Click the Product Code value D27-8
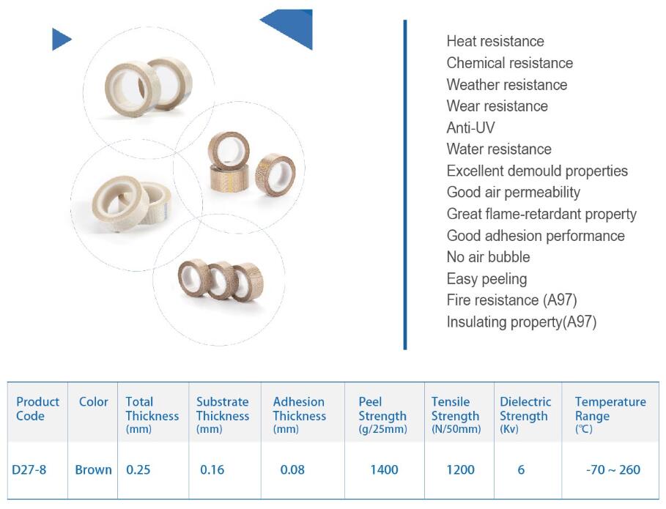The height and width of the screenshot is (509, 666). [x=29, y=469]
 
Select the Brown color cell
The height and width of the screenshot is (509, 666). [x=93, y=469]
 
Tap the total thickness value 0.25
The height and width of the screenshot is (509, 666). [x=138, y=469]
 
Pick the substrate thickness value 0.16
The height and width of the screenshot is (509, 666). [x=212, y=469]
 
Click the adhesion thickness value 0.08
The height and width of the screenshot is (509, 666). [x=292, y=469]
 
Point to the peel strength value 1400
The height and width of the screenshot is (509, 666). [x=384, y=469]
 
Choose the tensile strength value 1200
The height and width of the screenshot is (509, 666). [x=460, y=469]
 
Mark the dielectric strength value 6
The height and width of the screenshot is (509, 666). [x=521, y=469]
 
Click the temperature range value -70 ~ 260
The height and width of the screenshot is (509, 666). [x=613, y=469]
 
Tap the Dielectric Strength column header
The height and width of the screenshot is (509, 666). [x=525, y=415]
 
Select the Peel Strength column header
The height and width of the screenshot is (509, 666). [x=382, y=415]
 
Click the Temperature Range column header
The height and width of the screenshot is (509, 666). [x=610, y=415]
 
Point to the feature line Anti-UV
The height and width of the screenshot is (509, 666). [x=470, y=127]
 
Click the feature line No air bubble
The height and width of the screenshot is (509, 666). [x=489, y=257]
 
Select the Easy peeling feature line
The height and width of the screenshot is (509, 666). [x=486, y=279]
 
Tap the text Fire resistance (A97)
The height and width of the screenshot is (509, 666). [x=512, y=300]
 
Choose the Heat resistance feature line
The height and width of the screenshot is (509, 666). [x=495, y=41]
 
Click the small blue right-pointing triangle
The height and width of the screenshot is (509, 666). [x=60, y=39]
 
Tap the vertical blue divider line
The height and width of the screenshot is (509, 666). [x=405, y=185]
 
